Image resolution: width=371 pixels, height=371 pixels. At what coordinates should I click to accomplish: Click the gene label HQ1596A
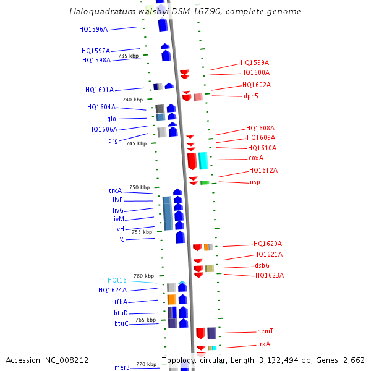[x=93, y=29]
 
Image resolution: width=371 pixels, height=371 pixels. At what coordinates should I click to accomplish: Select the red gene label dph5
[x=250, y=96]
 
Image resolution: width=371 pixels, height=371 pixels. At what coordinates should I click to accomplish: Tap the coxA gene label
[x=256, y=158]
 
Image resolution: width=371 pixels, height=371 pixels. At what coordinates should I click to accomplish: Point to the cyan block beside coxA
[x=203, y=160]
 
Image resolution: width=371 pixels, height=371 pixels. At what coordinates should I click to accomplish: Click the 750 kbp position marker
[x=139, y=187]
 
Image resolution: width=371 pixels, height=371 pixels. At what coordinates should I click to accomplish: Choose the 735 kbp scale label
[x=129, y=56]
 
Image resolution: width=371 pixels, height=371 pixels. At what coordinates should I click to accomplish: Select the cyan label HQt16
[x=117, y=280]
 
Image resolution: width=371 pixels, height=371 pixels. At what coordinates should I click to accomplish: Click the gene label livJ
[x=121, y=239]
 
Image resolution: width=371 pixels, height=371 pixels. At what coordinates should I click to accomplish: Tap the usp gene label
[x=255, y=182]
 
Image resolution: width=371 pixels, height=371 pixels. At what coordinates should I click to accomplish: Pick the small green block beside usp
[x=205, y=182]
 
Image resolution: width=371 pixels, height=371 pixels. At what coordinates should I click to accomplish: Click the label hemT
[x=265, y=331]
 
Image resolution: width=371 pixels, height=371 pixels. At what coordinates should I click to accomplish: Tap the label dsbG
[x=262, y=265]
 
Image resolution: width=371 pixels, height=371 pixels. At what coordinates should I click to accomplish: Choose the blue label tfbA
[x=121, y=302]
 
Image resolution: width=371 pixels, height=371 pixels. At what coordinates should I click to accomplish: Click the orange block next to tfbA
[x=172, y=299]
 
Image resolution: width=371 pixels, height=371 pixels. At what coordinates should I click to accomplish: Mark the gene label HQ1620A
[x=268, y=244]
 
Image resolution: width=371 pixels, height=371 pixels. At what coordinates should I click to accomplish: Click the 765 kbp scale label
[x=146, y=320]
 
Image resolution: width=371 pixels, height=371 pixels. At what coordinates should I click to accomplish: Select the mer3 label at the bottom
[x=122, y=367]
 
